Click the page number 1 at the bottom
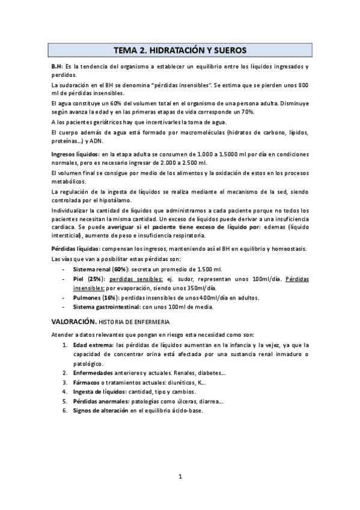click(x=180, y=477)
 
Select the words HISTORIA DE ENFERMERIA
click(x=134, y=324)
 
